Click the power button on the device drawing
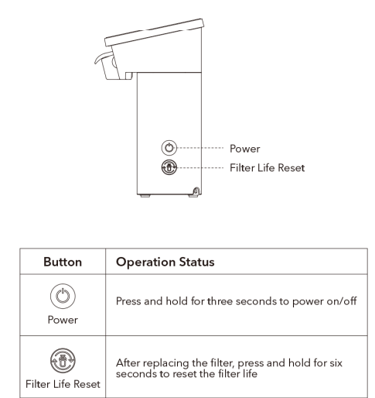coord(169,148)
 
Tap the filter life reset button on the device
coord(169,167)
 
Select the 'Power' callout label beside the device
coord(245,149)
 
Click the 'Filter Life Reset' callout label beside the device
coord(268,168)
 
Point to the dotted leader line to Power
coord(200,148)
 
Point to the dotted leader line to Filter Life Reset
coord(200,168)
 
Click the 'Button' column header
coord(63,262)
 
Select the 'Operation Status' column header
coord(165,262)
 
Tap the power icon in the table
coord(63,296)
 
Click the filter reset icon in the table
coord(63,360)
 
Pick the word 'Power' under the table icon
coord(63,320)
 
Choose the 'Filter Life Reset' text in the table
coord(63,384)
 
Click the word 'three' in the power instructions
coord(220,301)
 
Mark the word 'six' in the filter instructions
coord(336,363)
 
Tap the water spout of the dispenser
coord(104,57)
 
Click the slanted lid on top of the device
coord(155,33)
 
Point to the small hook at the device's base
coord(196,191)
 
